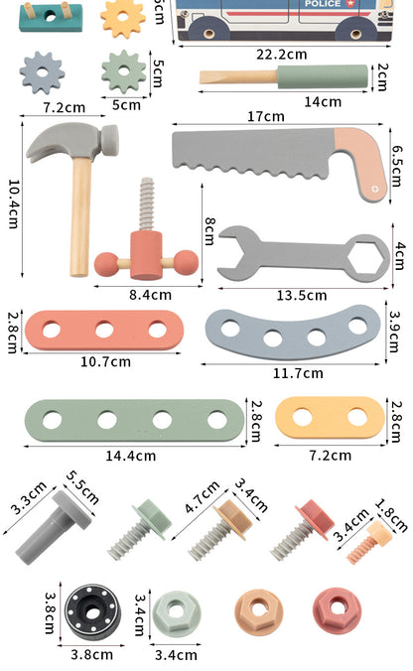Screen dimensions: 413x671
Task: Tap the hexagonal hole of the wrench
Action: (366, 258)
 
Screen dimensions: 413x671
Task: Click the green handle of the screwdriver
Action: (323, 76)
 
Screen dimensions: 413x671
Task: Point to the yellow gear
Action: (123, 17)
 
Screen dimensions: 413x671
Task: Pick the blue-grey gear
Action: (42, 72)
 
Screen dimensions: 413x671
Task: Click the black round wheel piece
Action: (92, 612)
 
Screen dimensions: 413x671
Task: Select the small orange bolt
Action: (369, 542)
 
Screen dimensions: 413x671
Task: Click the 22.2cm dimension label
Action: (282, 55)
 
